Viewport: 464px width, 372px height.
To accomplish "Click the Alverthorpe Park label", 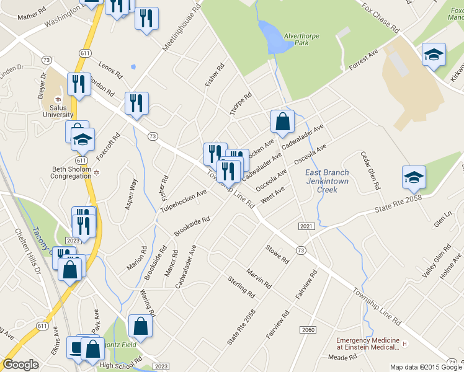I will (x=301, y=40).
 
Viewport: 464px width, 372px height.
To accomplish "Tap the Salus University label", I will (x=58, y=110).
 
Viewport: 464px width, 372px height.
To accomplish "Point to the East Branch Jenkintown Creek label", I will (x=327, y=181).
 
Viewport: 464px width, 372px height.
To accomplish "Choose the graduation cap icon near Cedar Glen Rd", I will (x=414, y=177).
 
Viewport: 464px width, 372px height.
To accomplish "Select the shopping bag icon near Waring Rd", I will (x=140, y=327).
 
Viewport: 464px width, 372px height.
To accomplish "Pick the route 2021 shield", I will (x=305, y=227).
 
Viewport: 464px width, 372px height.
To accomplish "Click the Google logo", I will (x=20, y=365).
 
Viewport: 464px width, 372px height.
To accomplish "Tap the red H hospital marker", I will (x=404, y=344).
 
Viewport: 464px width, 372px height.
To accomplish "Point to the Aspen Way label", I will (x=132, y=194).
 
